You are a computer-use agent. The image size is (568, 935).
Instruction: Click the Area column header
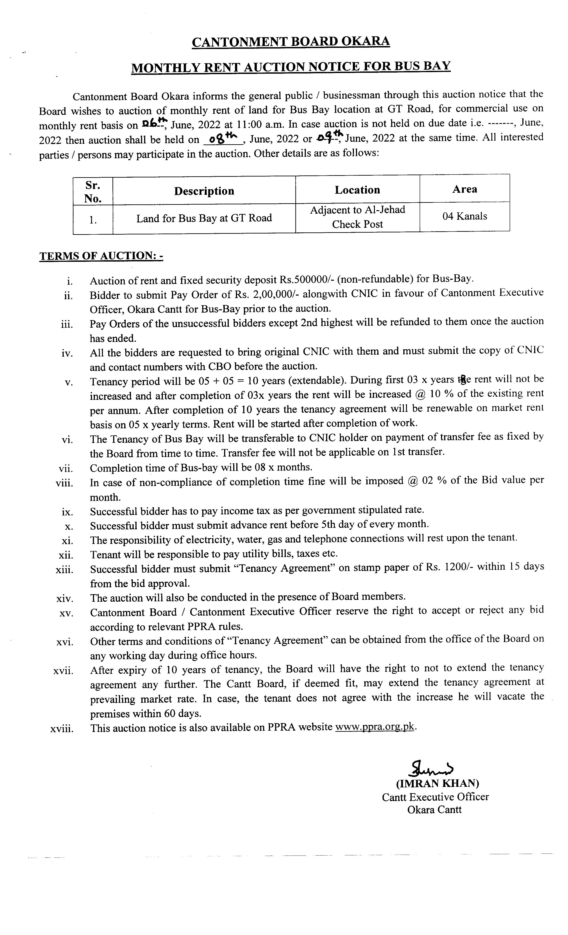click(x=464, y=189)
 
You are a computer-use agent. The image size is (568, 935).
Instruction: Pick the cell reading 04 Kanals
click(x=464, y=216)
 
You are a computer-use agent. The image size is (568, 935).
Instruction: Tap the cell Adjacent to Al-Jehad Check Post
click(x=357, y=217)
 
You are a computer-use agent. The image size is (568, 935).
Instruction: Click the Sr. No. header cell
click(x=93, y=192)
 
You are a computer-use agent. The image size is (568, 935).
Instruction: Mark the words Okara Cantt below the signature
click(x=434, y=810)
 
